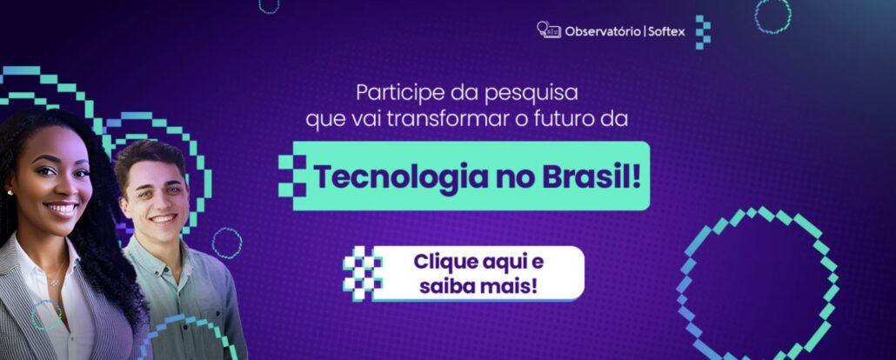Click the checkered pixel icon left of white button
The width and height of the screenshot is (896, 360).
(x=362, y=273)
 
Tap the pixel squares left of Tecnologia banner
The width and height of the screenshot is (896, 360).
(x=292, y=176)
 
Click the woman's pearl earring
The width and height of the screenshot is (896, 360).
(x=10, y=193)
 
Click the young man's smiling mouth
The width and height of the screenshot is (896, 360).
(x=164, y=218)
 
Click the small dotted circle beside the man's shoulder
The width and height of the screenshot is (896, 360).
(x=227, y=243)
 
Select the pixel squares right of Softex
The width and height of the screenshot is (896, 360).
(x=703, y=32)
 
